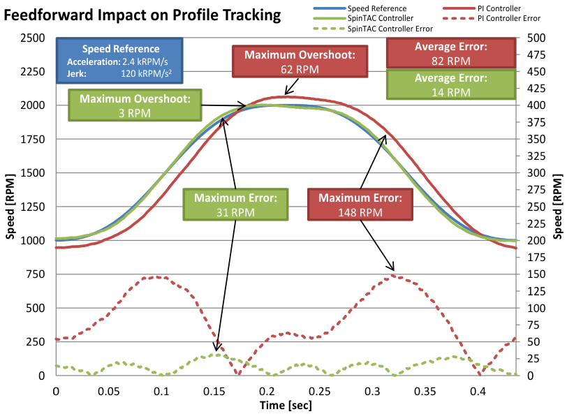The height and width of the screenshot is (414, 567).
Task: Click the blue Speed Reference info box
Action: click(x=121, y=61)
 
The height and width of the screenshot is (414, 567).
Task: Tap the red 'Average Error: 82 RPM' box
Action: click(x=451, y=54)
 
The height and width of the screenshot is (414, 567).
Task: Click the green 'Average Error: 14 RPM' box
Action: click(x=451, y=84)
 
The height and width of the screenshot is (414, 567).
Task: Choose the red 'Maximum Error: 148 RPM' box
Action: click(x=360, y=205)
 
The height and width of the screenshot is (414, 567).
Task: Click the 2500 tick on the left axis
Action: click(x=33, y=38)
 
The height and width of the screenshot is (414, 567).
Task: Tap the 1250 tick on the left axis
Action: click(x=33, y=207)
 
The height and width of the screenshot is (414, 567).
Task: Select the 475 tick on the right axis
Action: click(x=536, y=54)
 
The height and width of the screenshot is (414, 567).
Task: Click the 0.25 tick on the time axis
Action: click(x=320, y=392)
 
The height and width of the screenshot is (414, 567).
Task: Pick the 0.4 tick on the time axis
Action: click(x=478, y=392)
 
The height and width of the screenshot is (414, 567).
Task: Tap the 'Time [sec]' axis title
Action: click(x=286, y=406)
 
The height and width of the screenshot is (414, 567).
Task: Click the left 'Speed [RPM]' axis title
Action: click(x=10, y=206)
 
